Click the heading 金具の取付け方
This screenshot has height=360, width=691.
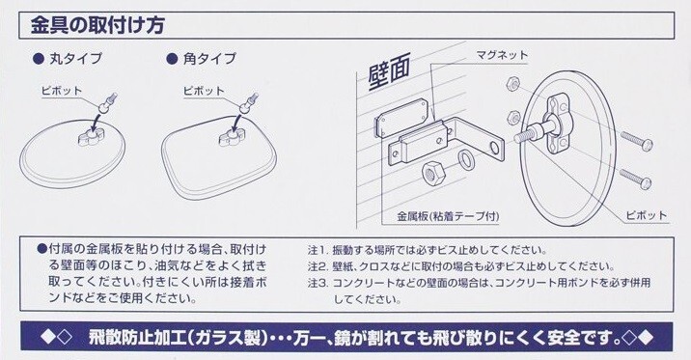[x=97, y=25]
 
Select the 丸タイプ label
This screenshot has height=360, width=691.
[x=75, y=59]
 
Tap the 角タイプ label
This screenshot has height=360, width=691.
[x=209, y=59]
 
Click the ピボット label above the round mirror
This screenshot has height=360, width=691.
[x=62, y=91]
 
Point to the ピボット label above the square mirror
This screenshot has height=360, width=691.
[x=204, y=91]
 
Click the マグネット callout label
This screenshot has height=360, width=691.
[x=502, y=56]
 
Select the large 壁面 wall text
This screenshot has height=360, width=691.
[x=389, y=70]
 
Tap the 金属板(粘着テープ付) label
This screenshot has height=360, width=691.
[x=448, y=216]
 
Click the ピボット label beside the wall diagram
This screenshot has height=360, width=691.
[x=646, y=215]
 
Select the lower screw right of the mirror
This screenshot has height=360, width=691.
[x=635, y=178]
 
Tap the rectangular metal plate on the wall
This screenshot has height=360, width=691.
[x=401, y=117]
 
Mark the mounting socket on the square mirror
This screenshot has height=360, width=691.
[x=233, y=137]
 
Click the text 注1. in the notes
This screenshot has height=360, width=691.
[x=318, y=250]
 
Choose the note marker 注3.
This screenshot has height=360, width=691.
[x=318, y=283]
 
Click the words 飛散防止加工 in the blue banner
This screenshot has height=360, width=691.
[x=137, y=337]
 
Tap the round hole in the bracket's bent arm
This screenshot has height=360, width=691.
[x=494, y=148]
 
